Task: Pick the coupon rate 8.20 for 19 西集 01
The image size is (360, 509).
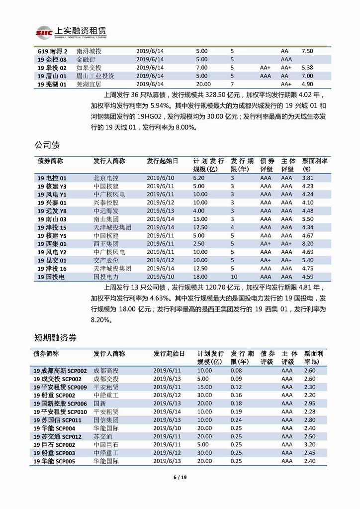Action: (x=308, y=244)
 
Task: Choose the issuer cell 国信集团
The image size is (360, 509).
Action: (x=106, y=419)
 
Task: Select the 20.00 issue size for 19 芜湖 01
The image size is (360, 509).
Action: (x=203, y=85)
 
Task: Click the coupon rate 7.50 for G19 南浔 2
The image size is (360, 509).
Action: (x=307, y=51)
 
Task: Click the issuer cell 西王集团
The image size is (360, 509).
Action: (x=106, y=244)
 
